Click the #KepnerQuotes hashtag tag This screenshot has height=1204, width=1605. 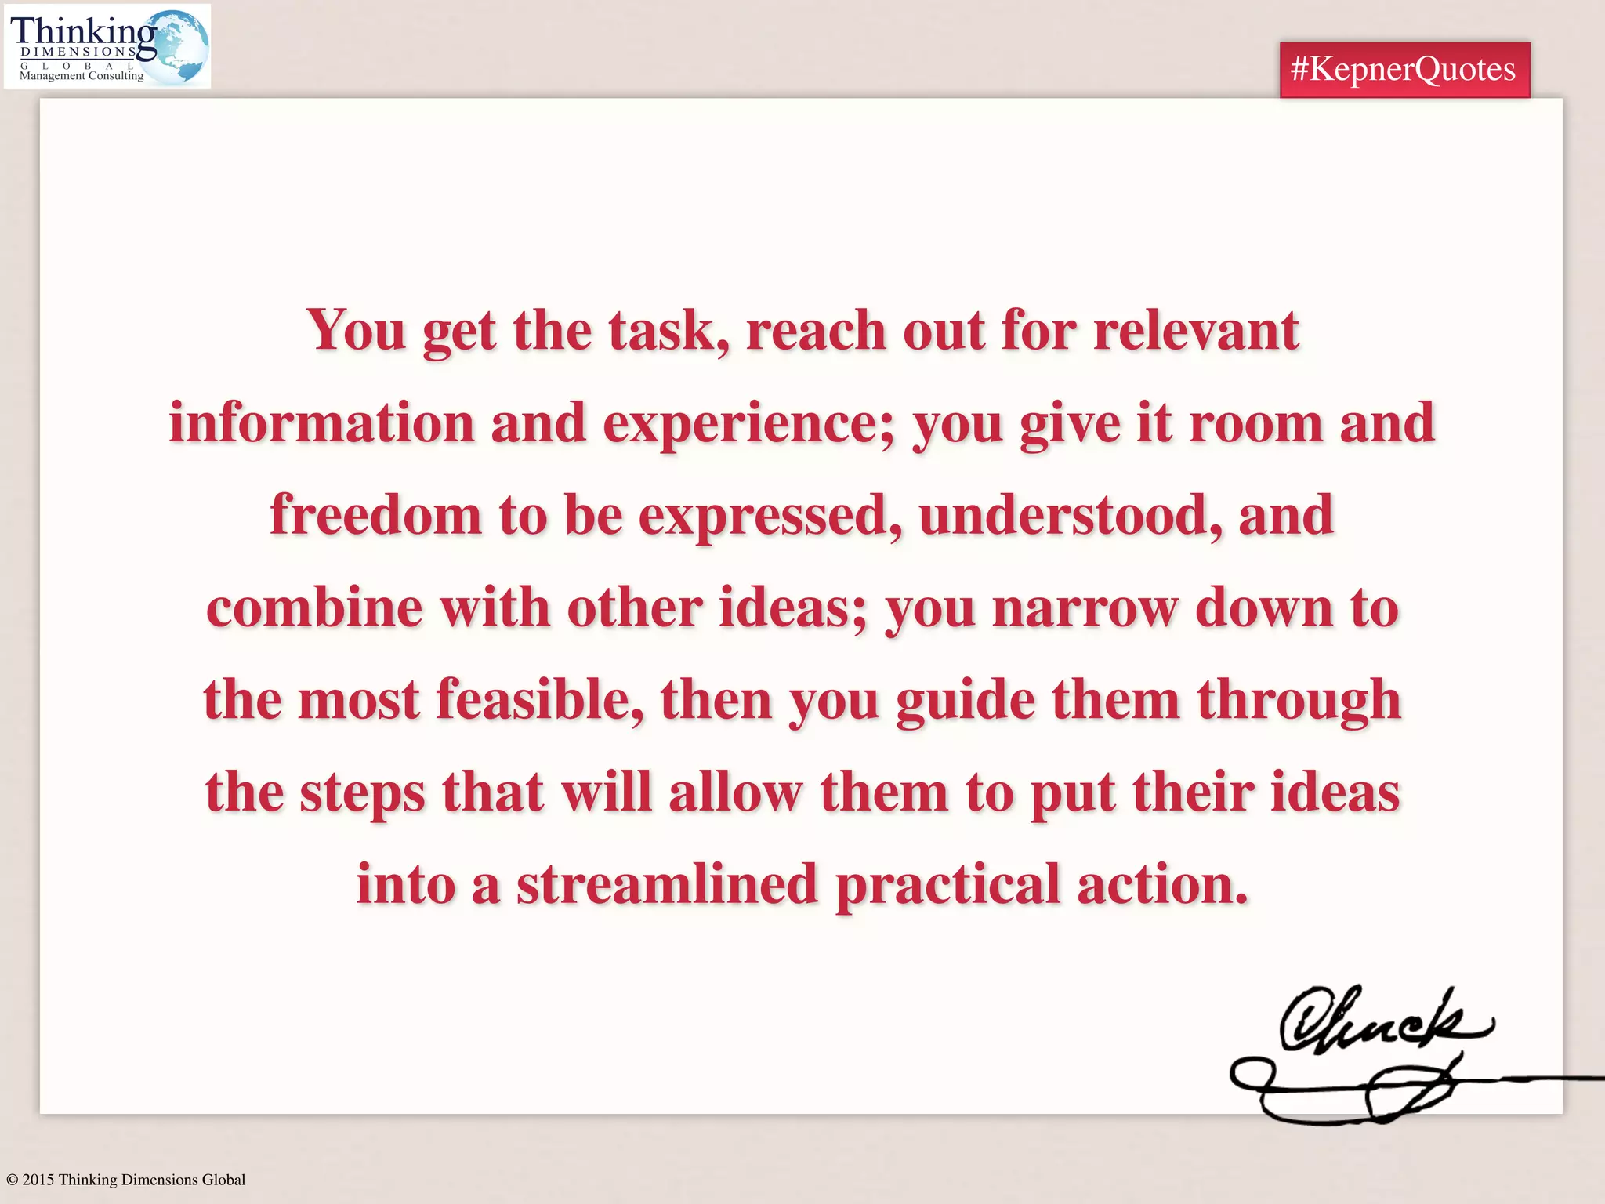1404,70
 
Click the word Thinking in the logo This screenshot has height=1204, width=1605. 82,31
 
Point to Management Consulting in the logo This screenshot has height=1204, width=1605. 82,76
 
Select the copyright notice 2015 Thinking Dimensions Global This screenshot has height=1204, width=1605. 126,1180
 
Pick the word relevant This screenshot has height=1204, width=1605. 1196,331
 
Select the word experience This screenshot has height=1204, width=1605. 748,423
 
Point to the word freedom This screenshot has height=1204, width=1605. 375,516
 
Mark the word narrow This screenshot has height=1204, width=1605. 1085,608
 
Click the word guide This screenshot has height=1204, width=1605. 966,700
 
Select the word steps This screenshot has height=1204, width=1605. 363,792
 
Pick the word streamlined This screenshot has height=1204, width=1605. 667,885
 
